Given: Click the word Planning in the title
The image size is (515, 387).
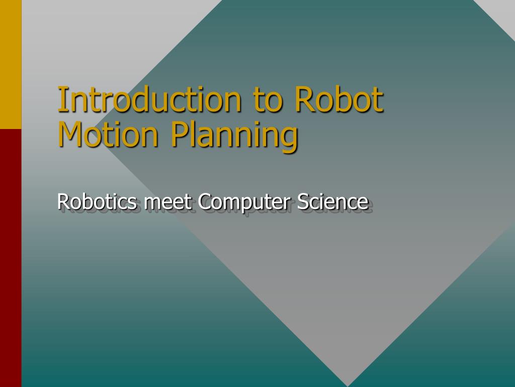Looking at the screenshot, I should pos(234,135).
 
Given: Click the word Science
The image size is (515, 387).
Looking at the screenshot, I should pos(332,202).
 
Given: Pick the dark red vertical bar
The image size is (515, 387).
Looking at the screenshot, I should pos(11,257).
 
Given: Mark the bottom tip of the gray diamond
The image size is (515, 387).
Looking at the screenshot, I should pos(348,383).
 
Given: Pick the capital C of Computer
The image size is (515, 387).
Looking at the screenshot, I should pos(204,202).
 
